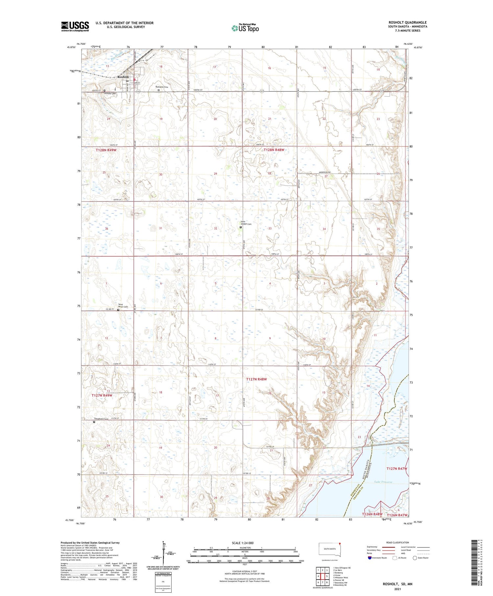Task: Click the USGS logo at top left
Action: [x=75, y=26]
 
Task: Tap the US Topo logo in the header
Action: [x=245, y=28]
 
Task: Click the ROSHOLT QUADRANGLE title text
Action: [x=408, y=22]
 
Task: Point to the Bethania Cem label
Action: [x=162, y=87]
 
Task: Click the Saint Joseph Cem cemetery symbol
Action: [x=241, y=227]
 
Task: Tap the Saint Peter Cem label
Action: [x=123, y=305]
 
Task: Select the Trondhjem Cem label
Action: [x=101, y=419]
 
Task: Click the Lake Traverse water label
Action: [x=383, y=482]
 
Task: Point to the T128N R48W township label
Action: [x=274, y=150]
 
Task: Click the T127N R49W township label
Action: [x=102, y=395]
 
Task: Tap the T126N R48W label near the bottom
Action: [x=372, y=514]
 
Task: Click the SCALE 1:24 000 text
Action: [x=243, y=543]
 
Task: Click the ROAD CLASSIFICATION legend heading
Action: [x=398, y=542]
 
